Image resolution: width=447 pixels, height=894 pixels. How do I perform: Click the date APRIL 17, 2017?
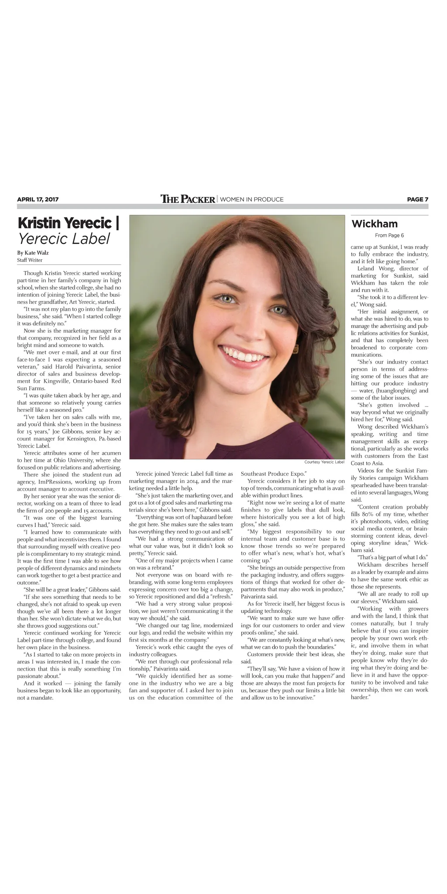[38, 199]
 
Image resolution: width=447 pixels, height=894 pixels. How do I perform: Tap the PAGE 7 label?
[417, 199]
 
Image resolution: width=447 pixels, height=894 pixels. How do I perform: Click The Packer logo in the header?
[188, 199]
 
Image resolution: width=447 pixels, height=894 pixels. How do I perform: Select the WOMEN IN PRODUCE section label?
[252, 199]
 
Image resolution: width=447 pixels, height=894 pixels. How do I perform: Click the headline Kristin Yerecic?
[68, 223]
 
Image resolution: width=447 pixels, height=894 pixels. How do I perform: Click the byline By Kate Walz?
[33, 252]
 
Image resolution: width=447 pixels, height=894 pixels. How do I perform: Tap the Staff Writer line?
[30, 260]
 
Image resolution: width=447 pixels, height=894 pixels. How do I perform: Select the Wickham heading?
[374, 224]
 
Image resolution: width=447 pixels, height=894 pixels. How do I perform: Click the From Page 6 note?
[389, 235]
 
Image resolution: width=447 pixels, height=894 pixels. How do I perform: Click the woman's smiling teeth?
[245, 355]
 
